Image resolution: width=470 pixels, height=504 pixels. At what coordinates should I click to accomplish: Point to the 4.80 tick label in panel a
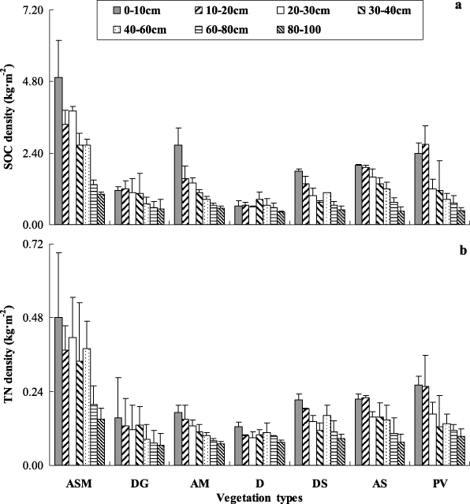tap(33, 80)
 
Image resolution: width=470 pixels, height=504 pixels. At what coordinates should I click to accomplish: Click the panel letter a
tap(457, 6)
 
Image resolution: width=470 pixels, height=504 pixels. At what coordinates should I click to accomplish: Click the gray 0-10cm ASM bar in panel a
tap(59, 151)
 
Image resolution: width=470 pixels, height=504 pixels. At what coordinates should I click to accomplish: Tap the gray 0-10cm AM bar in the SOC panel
tap(179, 185)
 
